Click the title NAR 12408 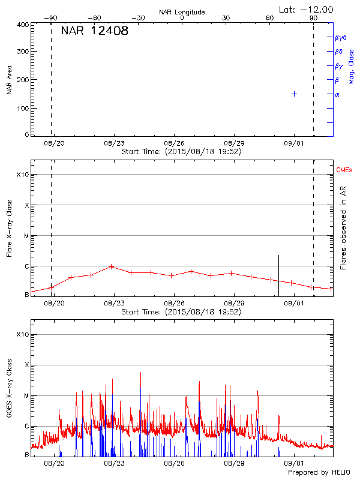point(94,31)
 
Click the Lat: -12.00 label point(307,9)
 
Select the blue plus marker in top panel point(294,94)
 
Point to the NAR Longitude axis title point(182,11)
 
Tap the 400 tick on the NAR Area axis point(23,25)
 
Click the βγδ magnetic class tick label point(341,37)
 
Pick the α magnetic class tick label point(337,94)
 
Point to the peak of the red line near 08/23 point(112,266)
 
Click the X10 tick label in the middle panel point(23,175)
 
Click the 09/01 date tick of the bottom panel point(294,463)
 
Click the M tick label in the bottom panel point(26,396)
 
